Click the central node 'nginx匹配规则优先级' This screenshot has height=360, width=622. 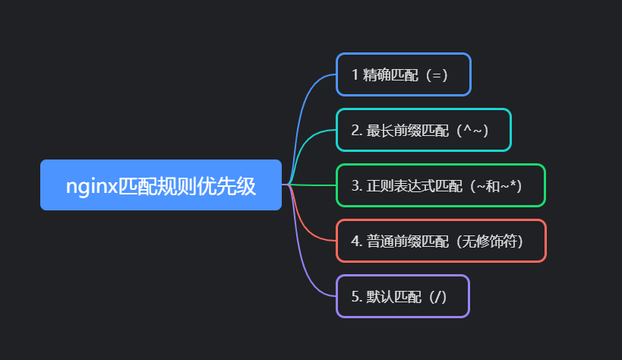161,185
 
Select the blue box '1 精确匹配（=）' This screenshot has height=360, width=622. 403,74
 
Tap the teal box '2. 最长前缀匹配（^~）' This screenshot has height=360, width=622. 424,130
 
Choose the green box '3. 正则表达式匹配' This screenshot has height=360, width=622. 440,185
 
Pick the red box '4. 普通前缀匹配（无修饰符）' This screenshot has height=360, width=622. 440,241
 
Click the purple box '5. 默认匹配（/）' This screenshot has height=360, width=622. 403,296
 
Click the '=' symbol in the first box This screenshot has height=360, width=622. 436,75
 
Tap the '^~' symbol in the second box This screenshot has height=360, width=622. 475,130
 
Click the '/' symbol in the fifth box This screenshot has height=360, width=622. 437,296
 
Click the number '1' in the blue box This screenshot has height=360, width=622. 355,75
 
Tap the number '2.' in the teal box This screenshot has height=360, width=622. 356,130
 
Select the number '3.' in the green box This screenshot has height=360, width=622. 356,185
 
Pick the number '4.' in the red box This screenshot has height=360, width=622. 356,241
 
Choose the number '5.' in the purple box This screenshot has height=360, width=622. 356,296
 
